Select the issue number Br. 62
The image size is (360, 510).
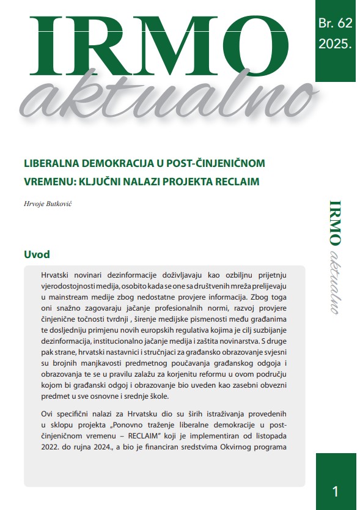pos(336,24)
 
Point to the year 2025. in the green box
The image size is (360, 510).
pos(336,44)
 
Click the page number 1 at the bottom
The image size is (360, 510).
pos(335,490)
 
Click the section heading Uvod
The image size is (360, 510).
pos(37,254)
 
